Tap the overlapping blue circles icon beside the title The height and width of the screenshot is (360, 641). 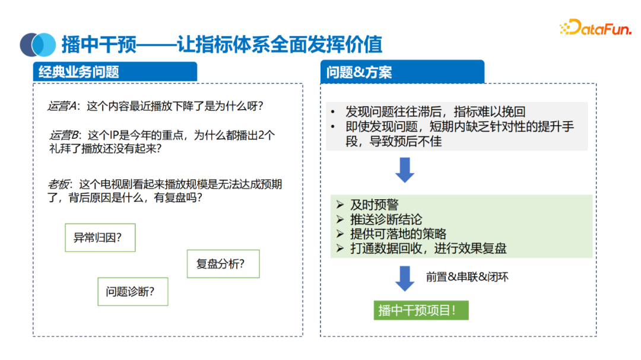[37, 44]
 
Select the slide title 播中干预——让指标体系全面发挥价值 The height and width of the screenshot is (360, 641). [221, 44]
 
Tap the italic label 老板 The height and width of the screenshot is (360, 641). [59, 184]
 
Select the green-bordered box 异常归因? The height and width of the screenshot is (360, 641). [100, 238]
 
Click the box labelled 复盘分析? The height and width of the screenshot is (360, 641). [223, 264]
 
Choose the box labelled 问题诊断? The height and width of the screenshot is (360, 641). [133, 292]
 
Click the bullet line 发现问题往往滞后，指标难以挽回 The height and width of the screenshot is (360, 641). [435, 111]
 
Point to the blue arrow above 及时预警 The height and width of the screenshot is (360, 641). [405, 170]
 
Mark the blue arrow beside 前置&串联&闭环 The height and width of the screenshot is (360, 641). [405, 278]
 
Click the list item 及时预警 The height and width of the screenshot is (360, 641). [374, 205]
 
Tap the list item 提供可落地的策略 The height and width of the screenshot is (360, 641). [398, 234]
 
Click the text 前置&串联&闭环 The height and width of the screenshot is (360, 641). [467, 277]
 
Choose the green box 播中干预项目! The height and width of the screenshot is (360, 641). [421, 310]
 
